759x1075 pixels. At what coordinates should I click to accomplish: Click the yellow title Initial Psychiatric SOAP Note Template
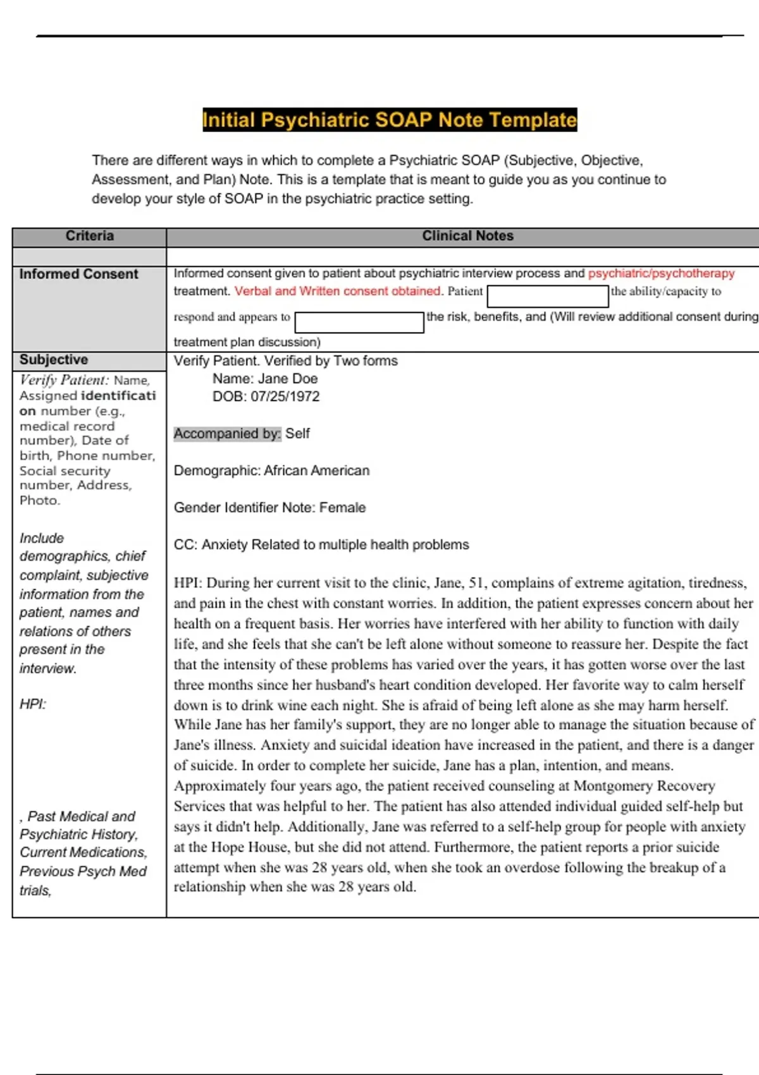(389, 120)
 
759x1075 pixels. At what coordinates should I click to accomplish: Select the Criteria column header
(89, 236)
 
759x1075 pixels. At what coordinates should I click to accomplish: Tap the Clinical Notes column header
(467, 236)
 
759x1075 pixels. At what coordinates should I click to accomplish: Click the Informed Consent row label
(78, 274)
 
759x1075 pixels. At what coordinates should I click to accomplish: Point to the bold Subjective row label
(54, 360)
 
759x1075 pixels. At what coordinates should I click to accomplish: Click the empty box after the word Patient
(548, 296)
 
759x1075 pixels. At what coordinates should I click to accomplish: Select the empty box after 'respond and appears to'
(359, 322)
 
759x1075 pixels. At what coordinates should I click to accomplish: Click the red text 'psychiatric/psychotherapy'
(661, 273)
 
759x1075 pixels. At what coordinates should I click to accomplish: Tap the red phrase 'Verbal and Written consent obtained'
(337, 291)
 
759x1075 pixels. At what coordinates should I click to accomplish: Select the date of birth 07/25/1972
(285, 396)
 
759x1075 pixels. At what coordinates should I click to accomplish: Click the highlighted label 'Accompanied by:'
(227, 434)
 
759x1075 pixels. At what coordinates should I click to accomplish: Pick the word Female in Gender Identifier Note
(342, 507)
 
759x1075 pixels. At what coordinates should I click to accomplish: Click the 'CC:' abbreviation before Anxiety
(185, 544)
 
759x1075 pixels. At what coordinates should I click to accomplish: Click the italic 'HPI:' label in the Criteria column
(33, 704)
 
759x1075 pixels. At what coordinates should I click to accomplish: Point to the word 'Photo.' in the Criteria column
(40, 500)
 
